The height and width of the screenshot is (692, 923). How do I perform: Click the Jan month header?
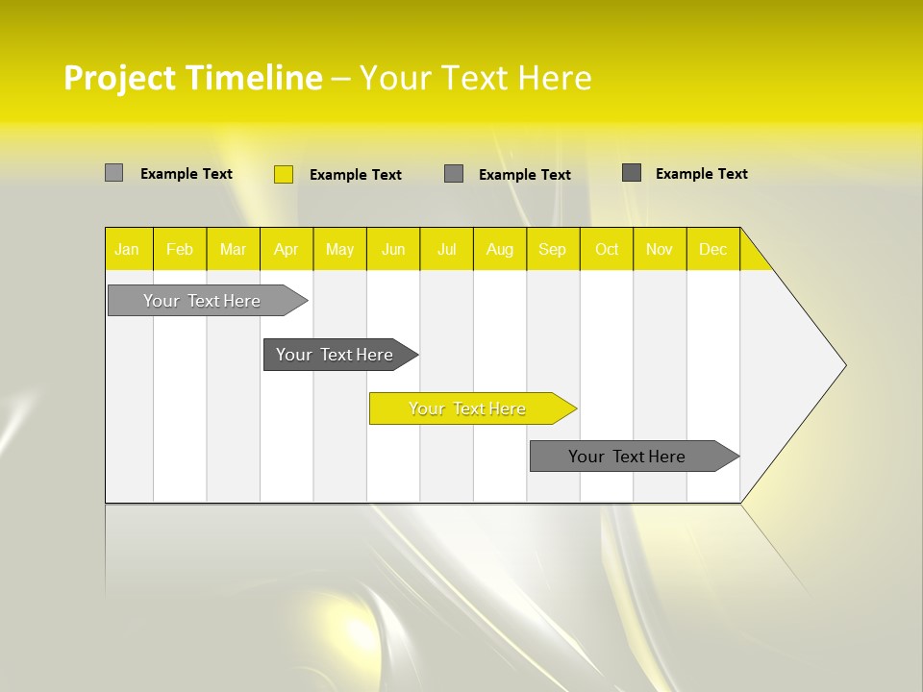pos(127,250)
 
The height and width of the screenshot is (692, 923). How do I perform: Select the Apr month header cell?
pos(287,250)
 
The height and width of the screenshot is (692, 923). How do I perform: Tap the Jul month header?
pos(447,250)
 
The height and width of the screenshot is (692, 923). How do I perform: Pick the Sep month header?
pos(553,250)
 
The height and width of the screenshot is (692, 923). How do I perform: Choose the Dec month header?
pos(713,250)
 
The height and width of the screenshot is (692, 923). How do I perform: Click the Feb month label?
pos(180,250)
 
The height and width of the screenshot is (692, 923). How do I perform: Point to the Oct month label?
pos(607,250)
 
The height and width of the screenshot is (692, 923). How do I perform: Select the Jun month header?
pos(393,250)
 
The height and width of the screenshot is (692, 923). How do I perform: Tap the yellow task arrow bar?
pos(468,408)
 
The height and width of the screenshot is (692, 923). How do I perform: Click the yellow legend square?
pos(284,174)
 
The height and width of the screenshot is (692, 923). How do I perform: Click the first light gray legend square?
pos(114,173)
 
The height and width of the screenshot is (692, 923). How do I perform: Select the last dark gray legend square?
pos(632,173)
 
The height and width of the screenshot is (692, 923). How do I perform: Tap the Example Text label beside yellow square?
pos(356,175)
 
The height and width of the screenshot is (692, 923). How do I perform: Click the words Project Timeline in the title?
pos(192,78)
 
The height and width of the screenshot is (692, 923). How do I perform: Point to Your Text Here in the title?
pos(475,78)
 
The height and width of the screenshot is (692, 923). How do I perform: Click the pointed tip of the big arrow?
pos(843,365)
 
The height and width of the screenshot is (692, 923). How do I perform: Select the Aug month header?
pos(500,250)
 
